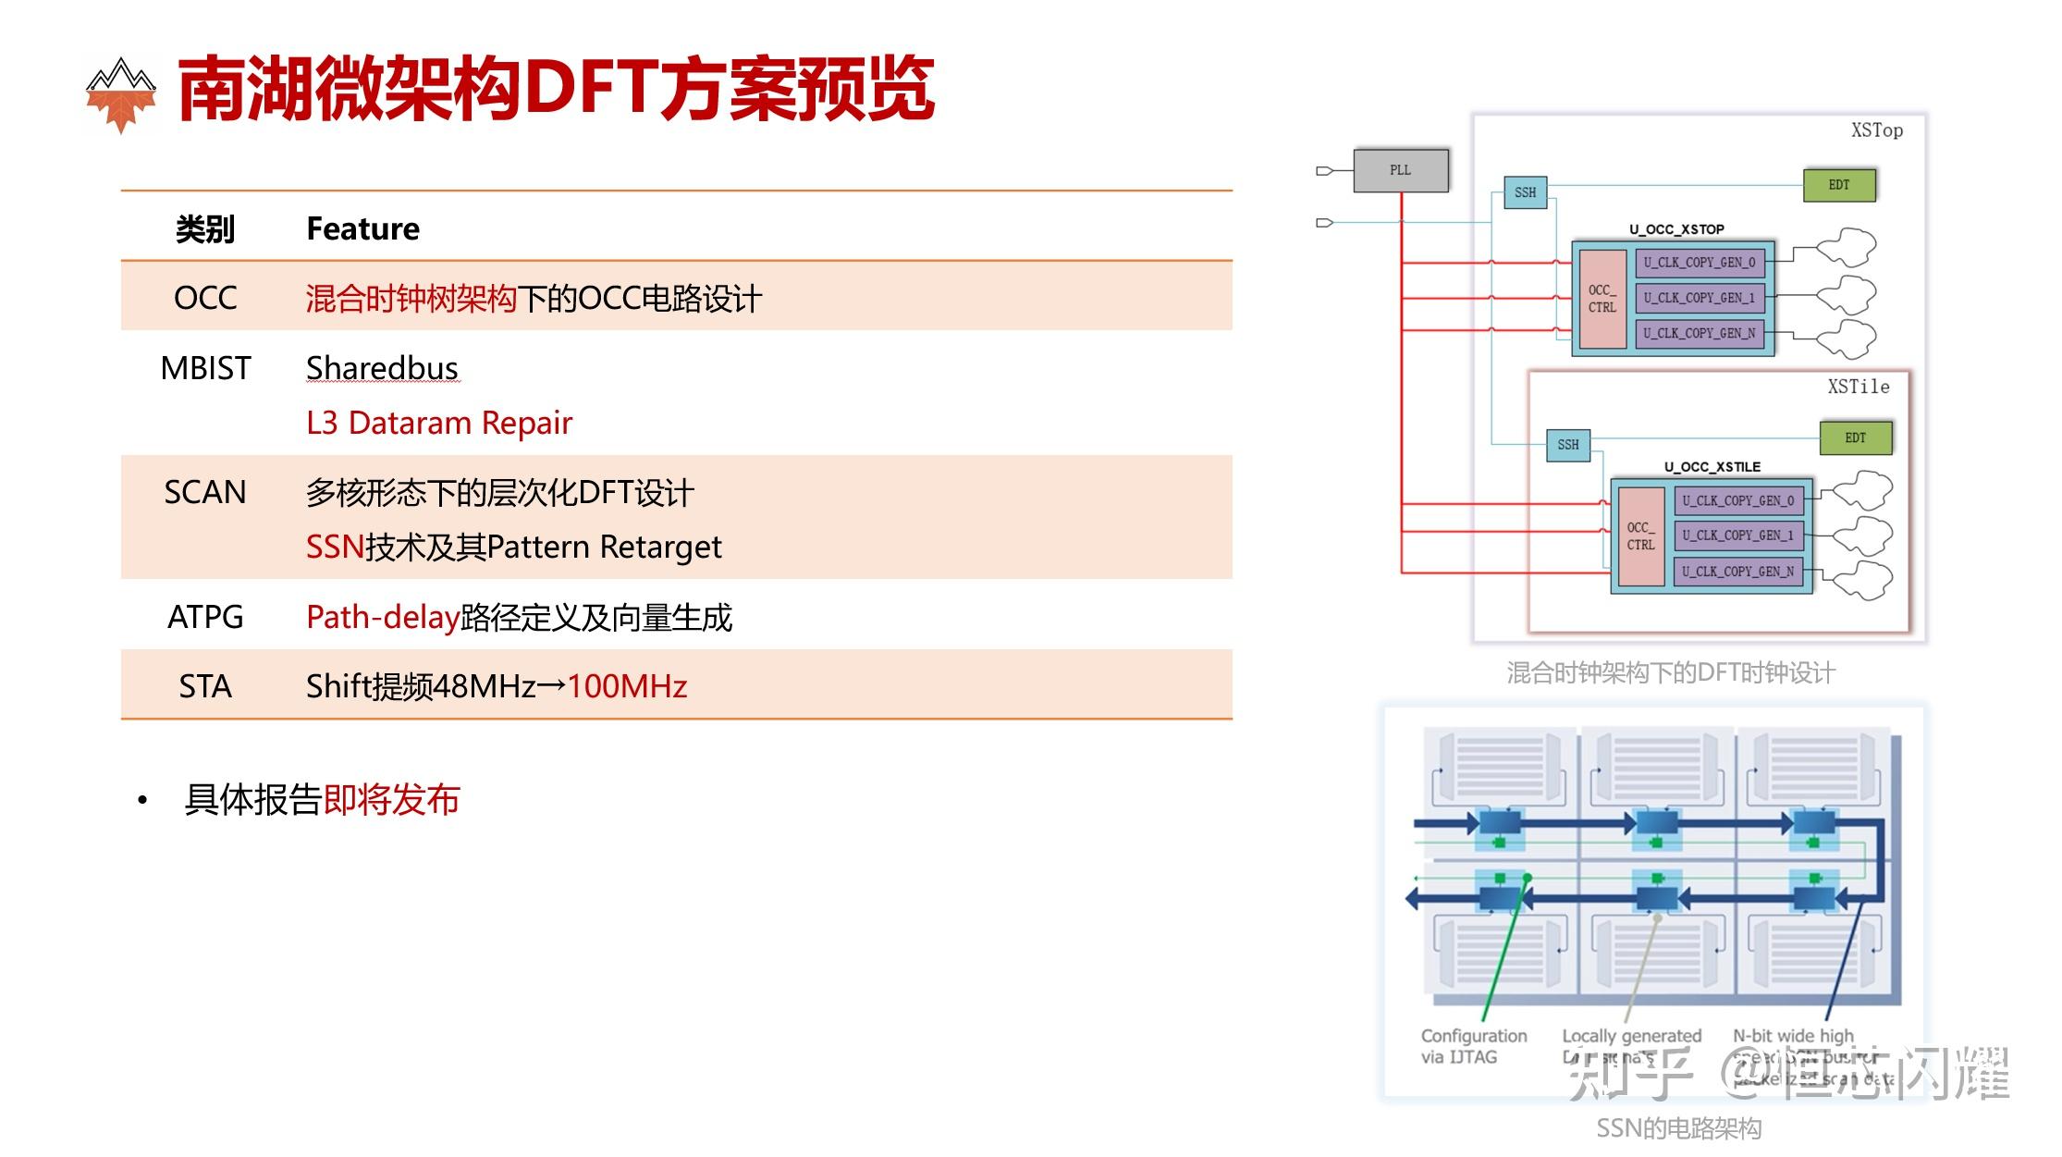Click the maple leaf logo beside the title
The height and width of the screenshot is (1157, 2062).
[x=120, y=94]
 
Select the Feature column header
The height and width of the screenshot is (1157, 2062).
[x=362, y=228]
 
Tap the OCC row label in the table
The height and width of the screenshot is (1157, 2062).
[x=205, y=298]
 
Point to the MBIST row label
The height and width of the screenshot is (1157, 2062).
[x=205, y=368]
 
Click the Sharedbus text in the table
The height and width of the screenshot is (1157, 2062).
[x=382, y=368]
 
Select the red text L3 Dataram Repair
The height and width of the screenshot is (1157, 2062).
[x=439, y=423]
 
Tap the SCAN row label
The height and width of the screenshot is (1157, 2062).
[x=205, y=492]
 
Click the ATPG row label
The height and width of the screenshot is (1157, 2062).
[x=205, y=617]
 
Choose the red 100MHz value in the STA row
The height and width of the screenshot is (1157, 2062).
[x=627, y=686]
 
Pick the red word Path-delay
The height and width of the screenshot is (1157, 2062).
[x=383, y=617]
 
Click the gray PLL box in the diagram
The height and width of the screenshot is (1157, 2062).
[x=1400, y=170]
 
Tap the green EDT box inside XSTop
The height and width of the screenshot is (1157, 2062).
[x=1839, y=185]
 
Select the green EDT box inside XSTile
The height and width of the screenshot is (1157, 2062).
[x=1855, y=437]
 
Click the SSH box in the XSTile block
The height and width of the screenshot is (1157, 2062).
[x=1568, y=445]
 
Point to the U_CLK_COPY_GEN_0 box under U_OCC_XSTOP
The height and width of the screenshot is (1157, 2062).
[x=1700, y=263]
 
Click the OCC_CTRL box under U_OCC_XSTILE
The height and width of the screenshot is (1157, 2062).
[x=1641, y=536]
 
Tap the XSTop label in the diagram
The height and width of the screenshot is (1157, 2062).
[x=1876, y=131]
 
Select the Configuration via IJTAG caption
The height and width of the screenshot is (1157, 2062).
[x=1473, y=1046]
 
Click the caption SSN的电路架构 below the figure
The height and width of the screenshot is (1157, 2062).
[x=1678, y=1128]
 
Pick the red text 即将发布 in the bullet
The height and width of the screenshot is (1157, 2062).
[x=391, y=800]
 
